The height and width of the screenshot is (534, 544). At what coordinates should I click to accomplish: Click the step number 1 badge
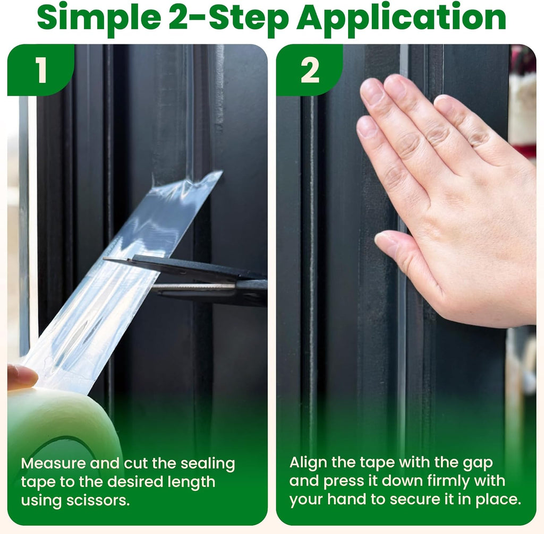[x=41, y=70]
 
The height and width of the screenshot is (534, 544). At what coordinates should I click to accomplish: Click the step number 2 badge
[x=310, y=70]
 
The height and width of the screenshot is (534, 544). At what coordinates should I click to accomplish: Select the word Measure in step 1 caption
[x=53, y=463]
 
